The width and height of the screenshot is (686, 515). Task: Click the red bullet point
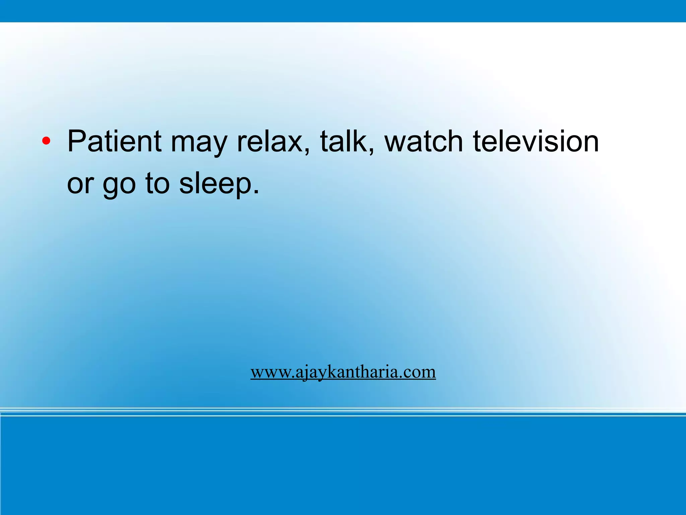46,142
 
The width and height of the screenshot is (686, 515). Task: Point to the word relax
270,141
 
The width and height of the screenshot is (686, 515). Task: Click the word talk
343,141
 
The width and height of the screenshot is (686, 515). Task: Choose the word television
536,141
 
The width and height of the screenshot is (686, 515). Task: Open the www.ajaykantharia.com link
343,372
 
